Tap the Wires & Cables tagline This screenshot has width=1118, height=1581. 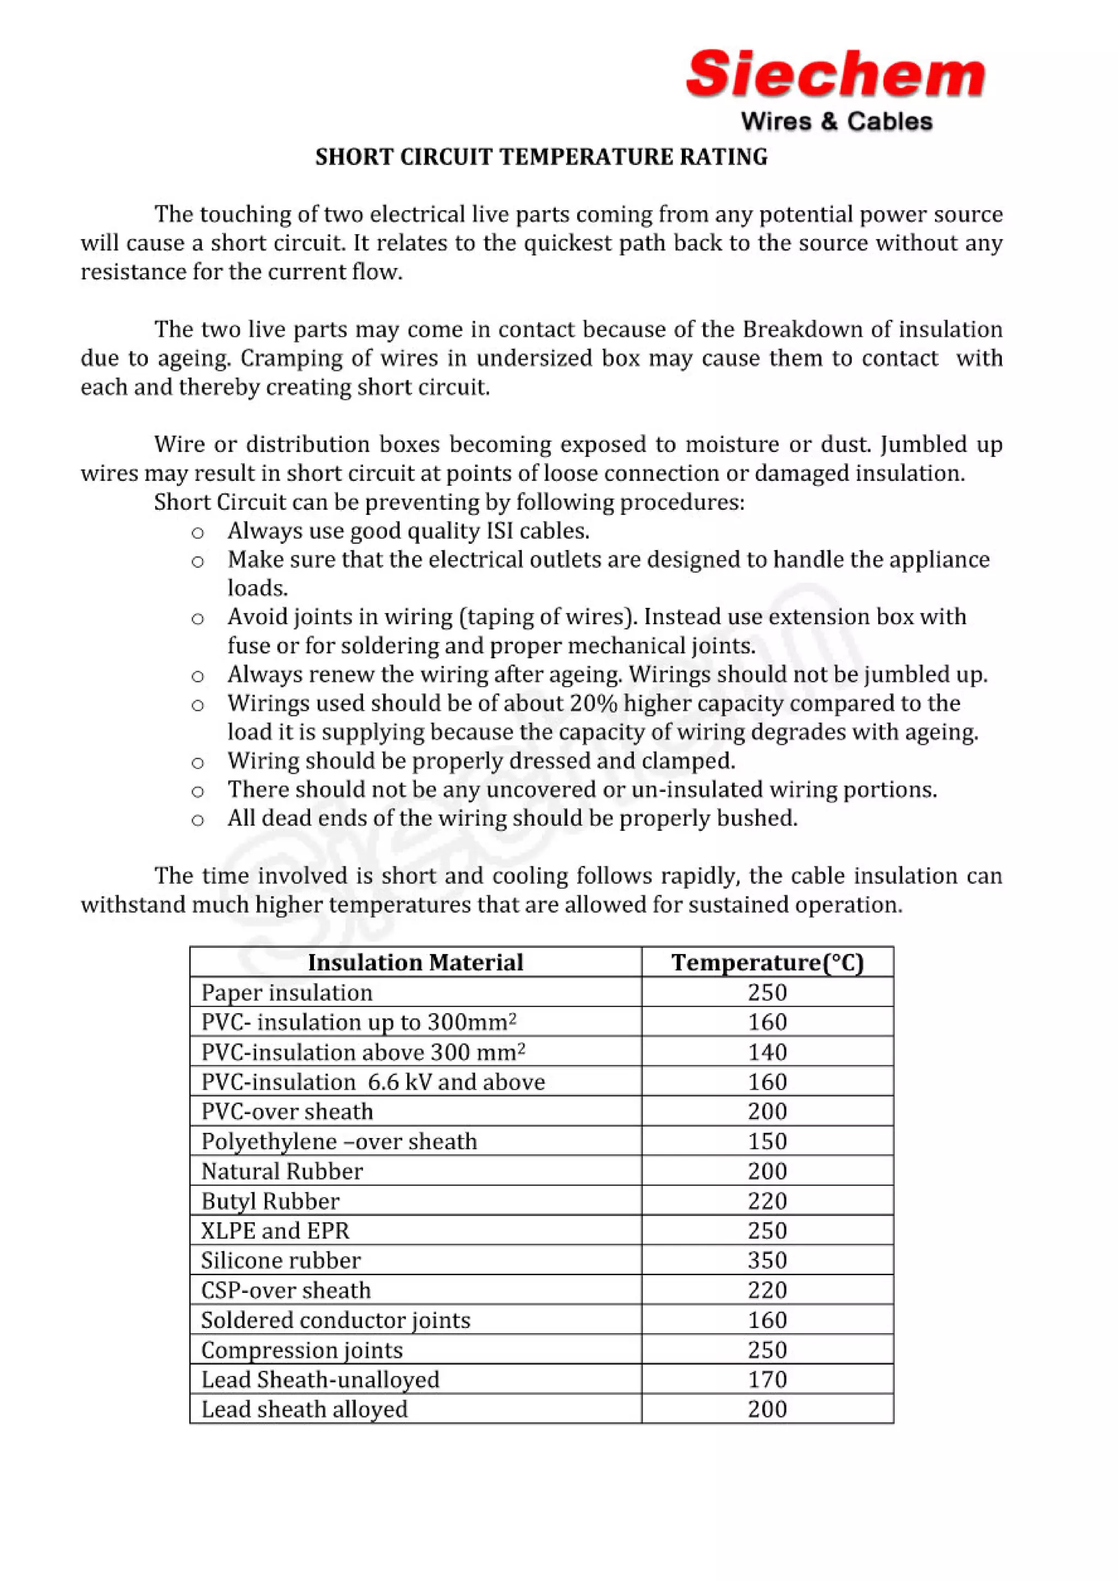tap(836, 122)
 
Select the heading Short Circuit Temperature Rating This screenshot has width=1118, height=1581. tap(541, 157)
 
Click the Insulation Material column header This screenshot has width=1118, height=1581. tap(415, 962)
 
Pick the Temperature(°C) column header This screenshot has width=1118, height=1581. tap(768, 962)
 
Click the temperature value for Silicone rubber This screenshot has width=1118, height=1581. tap(768, 1260)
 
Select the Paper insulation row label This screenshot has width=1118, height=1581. tap(287, 992)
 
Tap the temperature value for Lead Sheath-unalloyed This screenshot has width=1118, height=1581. tap(768, 1379)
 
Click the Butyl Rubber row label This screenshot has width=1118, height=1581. tap(270, 1201)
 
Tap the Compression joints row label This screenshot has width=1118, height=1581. tap(302, 1350)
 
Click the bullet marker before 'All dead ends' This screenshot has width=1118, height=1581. tap(198, 819)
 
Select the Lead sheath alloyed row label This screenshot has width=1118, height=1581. tap(305, 1409)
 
